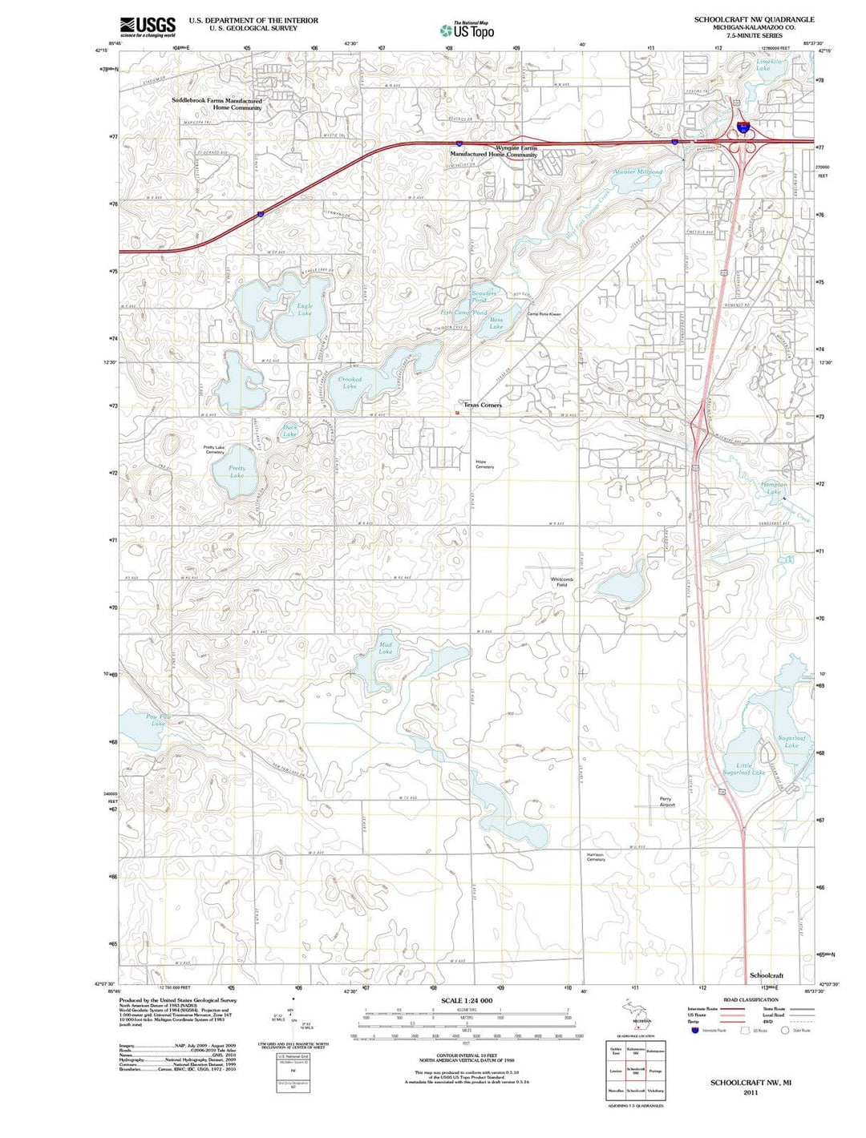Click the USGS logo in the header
coord(148,27)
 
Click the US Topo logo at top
coord(467,30)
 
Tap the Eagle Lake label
coord(305,309)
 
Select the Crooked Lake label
coord(350,383)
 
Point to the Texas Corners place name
coord(483,406)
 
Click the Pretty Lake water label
coord(237,472)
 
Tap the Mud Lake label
coord(386,648)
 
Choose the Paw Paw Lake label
coord(159,720)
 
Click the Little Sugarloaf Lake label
coord(745,769)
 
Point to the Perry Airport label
coord(666,801)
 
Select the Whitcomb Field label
coord(562,582)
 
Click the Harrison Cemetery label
coord(595,857)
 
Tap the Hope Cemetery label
coord(484,464)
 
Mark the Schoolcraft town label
coord(767,975)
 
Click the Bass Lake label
coord(496,323)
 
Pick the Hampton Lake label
coord(774,488)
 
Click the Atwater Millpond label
coord(638,172)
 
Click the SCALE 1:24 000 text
coord(467,1001)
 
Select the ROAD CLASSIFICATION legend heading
coord(751,1000)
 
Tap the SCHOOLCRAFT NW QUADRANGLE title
coord(755,19)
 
